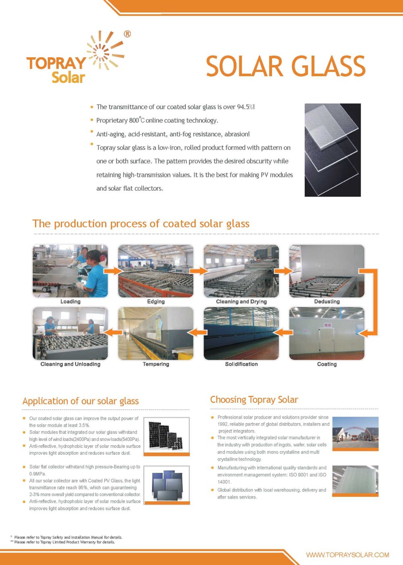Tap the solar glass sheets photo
click(332, 150)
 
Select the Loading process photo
click(70, 271)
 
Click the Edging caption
click(156, 301)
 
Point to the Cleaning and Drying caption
click(241, 301)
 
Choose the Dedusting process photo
click(327, 271)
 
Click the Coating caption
click(327, 364)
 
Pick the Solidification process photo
click(241, 333)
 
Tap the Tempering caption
click(156, 364)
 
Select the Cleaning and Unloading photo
click(70, 333)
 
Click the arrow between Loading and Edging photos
click(113, 271)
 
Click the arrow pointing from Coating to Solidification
click(284, 332)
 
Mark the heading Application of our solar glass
click(81, 401)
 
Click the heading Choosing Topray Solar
click(254, 400)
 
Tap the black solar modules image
click(166, 435)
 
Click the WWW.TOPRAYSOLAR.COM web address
click(347, 555)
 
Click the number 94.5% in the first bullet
click(245, 107)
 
